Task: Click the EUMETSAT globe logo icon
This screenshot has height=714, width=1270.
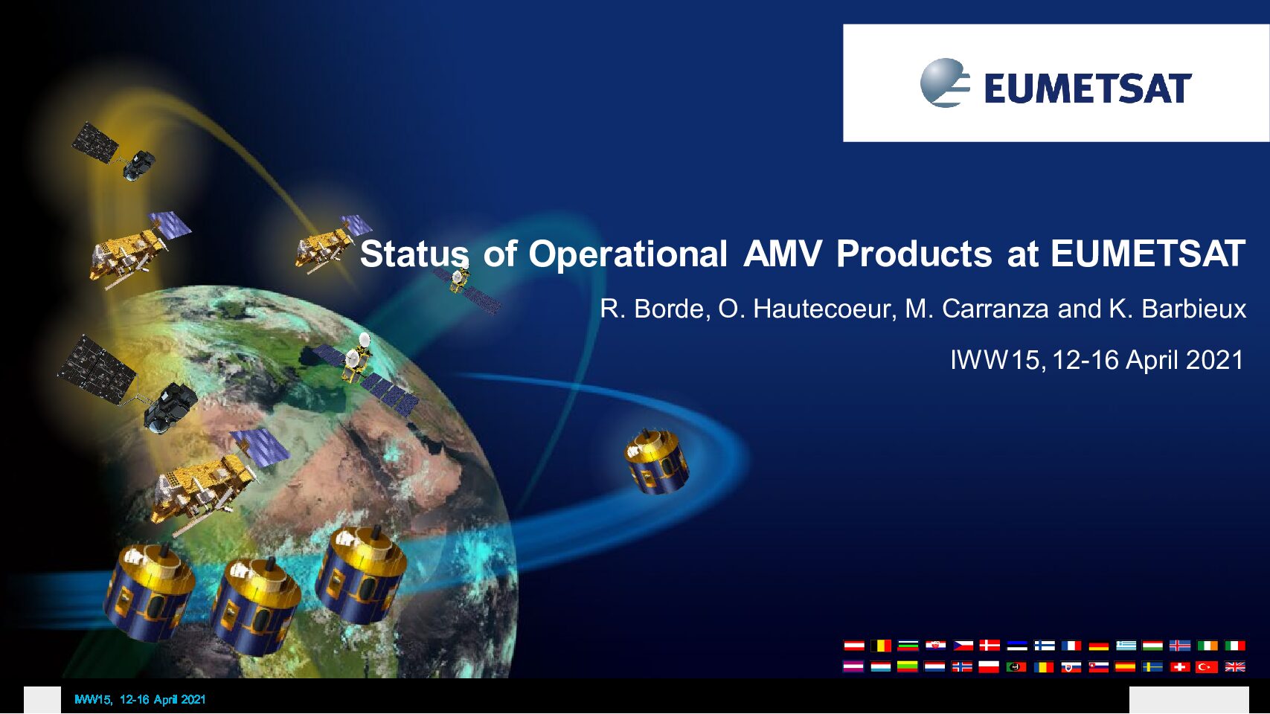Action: (945, 83)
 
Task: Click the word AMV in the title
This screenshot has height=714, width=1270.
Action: (782, 254)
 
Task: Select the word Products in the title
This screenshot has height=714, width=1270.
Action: (914, 254)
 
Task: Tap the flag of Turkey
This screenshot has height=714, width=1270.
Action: (1207, 667)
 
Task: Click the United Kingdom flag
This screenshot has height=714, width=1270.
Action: (1235, 667)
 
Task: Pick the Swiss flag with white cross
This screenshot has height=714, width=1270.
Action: (1180, 667)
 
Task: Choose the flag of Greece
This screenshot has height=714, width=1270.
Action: (1126, 646)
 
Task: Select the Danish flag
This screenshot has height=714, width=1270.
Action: (990, 646)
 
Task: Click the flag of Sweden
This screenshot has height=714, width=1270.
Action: (1152, 667)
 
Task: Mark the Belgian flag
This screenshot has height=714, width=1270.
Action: (880, 646)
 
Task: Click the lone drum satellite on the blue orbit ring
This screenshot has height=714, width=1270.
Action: (656, 462)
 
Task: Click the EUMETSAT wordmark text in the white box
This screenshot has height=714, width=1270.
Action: (1088, 89)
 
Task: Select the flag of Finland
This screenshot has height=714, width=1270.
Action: (1045, 646)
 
